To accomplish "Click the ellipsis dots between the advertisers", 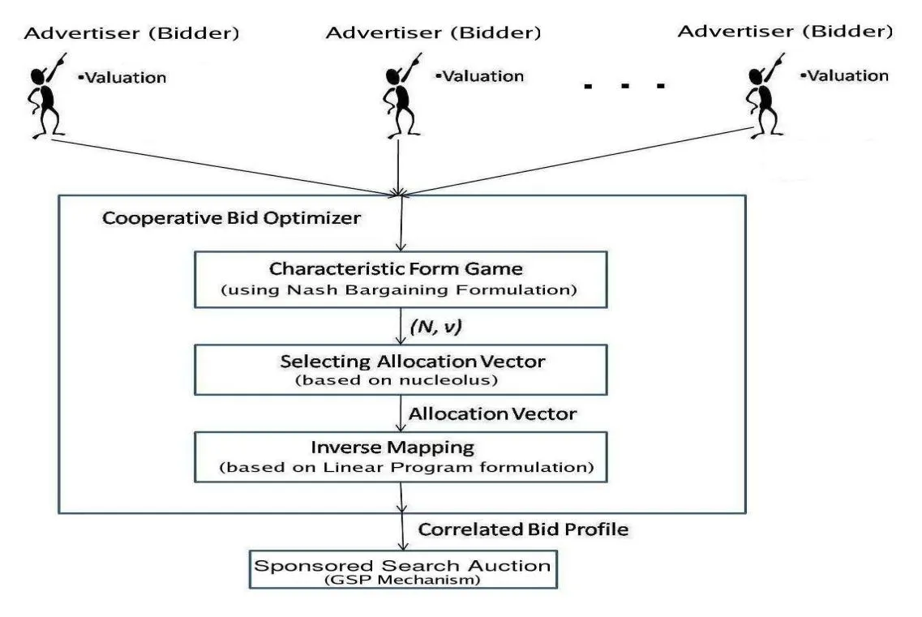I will [624, 84].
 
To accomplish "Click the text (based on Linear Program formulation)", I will [403, 468].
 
